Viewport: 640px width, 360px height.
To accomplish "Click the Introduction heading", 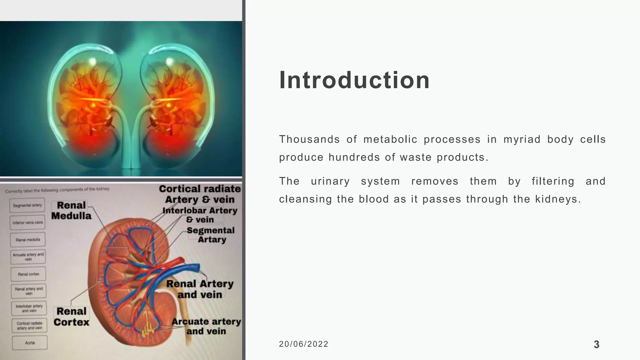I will coord(354,80).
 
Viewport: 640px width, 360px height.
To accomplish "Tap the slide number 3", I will coord(596,344).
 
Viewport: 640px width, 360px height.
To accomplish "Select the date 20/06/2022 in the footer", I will coord(303,344).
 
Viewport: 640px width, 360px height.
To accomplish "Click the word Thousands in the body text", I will coord(309,139).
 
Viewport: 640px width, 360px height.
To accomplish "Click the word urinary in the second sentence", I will coord(330,181).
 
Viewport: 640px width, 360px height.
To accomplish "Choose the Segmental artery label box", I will coord(27,205).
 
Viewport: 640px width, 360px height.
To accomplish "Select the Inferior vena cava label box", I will coord(27,222).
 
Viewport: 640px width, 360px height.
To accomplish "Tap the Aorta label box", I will coord(30,343).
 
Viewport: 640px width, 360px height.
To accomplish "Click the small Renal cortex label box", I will coord(28,274).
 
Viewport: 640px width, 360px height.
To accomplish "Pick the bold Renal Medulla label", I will coord(71,210).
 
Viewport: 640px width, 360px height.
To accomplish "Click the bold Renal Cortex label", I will coord(71,317).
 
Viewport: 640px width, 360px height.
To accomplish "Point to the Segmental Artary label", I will coord(211,235).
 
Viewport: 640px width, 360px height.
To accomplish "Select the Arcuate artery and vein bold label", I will coord(206,326).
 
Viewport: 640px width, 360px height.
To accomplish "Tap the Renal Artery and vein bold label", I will coord(200,289).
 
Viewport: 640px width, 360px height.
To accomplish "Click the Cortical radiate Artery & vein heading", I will coord(200,194).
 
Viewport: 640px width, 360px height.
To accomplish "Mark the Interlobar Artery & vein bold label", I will coord(200,215).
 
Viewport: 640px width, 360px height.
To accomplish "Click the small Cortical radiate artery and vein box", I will coord(29,325).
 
